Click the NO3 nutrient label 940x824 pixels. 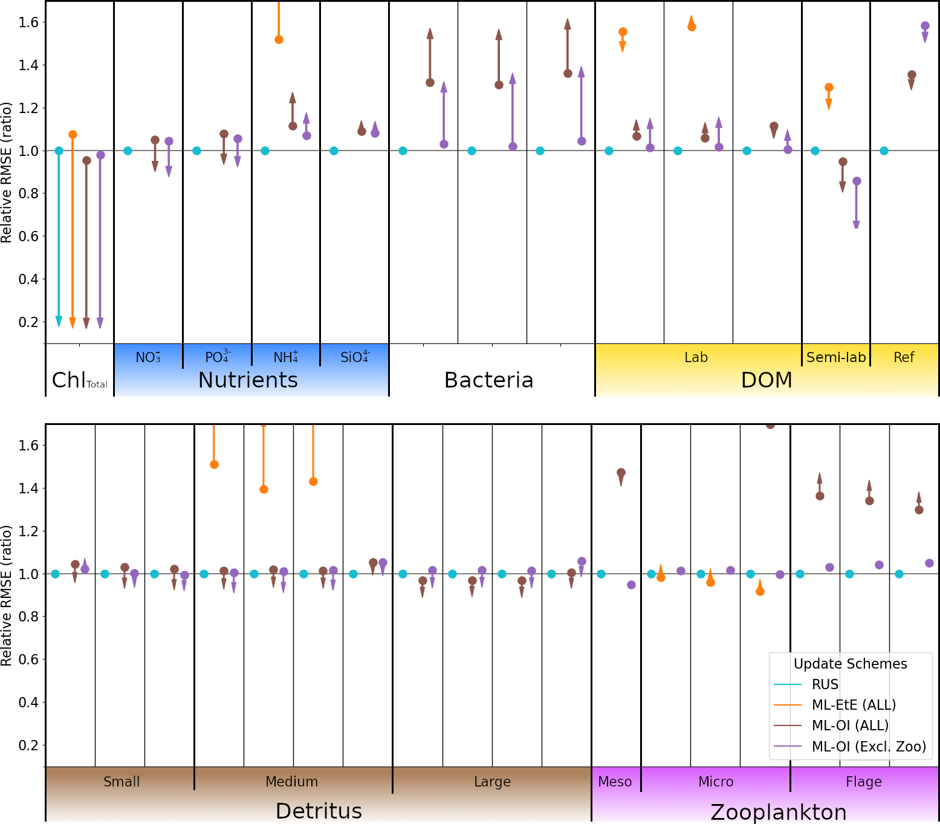coord(148,357)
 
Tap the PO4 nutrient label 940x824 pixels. coord(218,357)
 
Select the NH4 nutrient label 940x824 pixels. coord(286,357)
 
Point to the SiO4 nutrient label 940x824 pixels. coord(355,357)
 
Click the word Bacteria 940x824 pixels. coord(488,380)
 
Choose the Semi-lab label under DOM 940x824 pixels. coord(836,357)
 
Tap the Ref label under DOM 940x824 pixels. coord(904,357)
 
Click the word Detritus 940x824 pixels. coord(319,811)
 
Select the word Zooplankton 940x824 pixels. coord(779,812)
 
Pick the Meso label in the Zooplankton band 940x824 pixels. coord(615,782)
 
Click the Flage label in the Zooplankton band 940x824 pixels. coord(864,782)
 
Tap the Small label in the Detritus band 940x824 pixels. coord(122,782)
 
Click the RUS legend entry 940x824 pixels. coord(825,684)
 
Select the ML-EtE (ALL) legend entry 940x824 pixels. coord(854,705)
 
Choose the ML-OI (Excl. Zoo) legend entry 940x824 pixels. coord(869,747)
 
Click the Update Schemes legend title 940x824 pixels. coord(850,664)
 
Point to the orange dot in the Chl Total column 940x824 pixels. coord(73,134)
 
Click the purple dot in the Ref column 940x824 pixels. coord(925,26)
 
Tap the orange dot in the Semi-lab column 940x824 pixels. coord(829,88)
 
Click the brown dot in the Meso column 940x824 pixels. coord(621,472)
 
